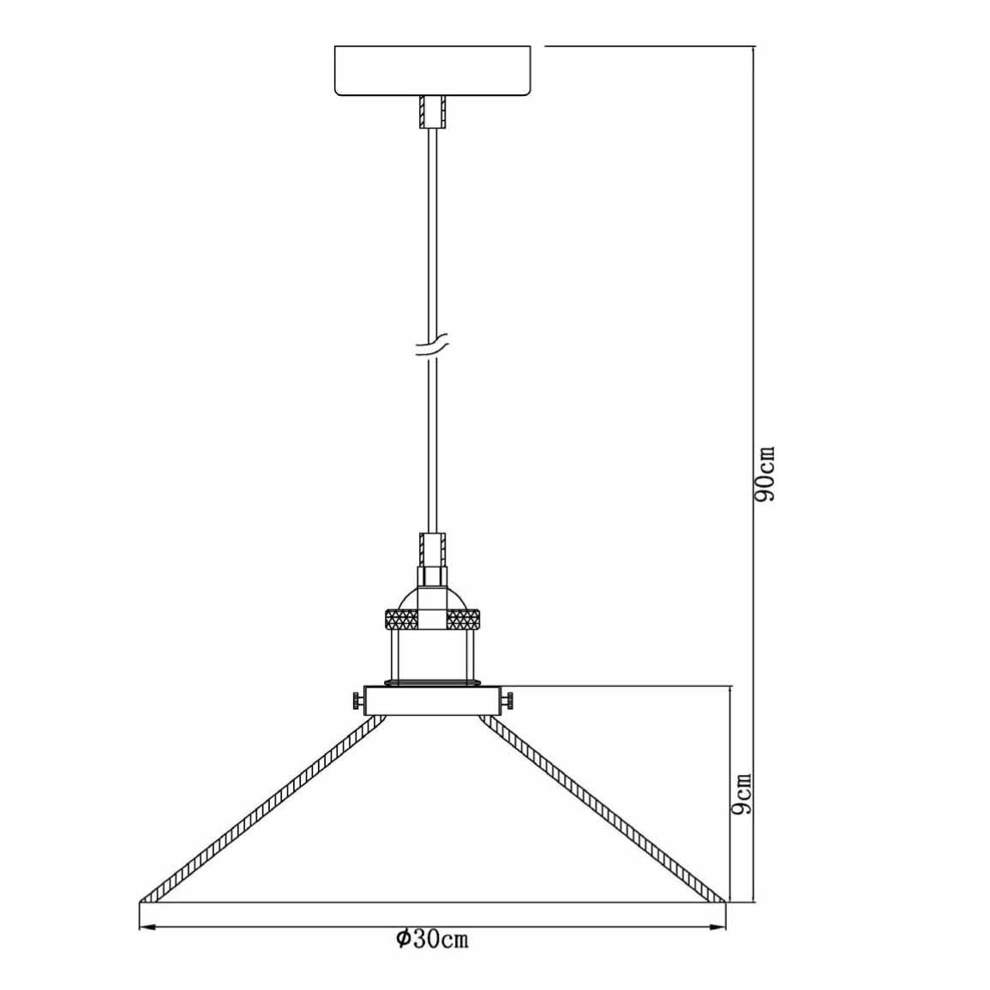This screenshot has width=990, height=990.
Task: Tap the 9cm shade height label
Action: tap(742, 793)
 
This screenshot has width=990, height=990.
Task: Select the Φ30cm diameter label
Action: tap(433, 939)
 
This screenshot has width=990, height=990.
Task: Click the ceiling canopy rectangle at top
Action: tap(433, 70)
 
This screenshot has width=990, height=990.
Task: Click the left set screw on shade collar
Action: tap(358, 700)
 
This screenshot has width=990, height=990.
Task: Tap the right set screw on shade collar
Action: tap(507, 700)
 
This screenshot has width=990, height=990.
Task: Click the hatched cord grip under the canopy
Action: tap(433, 112)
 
